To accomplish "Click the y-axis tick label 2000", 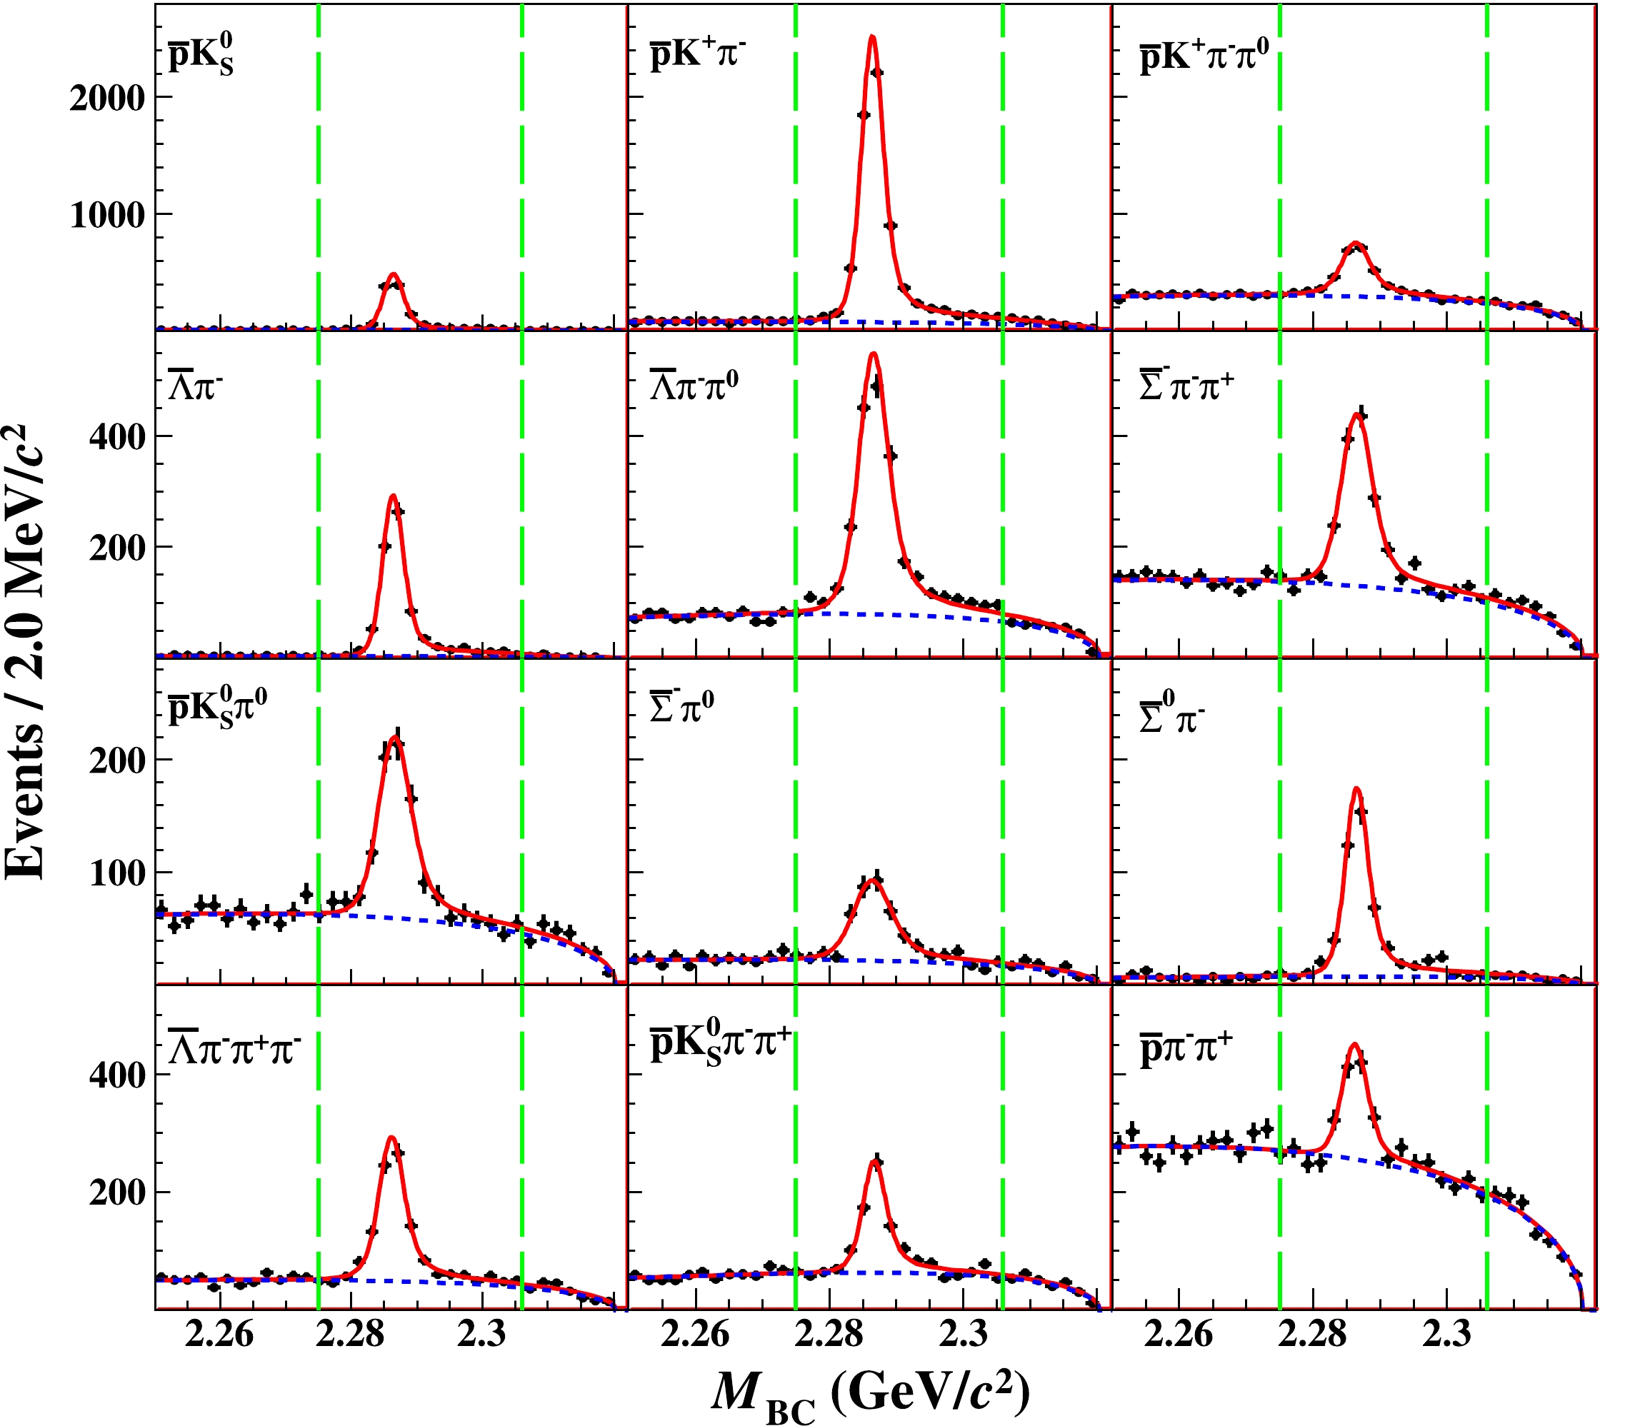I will (x=107, y=99).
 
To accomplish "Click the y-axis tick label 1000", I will (x=107, y=215).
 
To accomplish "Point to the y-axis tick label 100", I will (x=117, y=873).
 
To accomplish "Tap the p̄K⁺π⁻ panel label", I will (x=698, y=55).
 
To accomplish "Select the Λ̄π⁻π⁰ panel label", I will (x=694, y=385).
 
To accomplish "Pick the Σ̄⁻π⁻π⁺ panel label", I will (x=1186, y=385).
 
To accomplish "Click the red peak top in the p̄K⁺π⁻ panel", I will (x=872, y=36).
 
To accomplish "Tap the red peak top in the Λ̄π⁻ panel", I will (x=392, y=496).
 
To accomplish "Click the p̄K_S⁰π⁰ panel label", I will (x=217, y=708).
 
